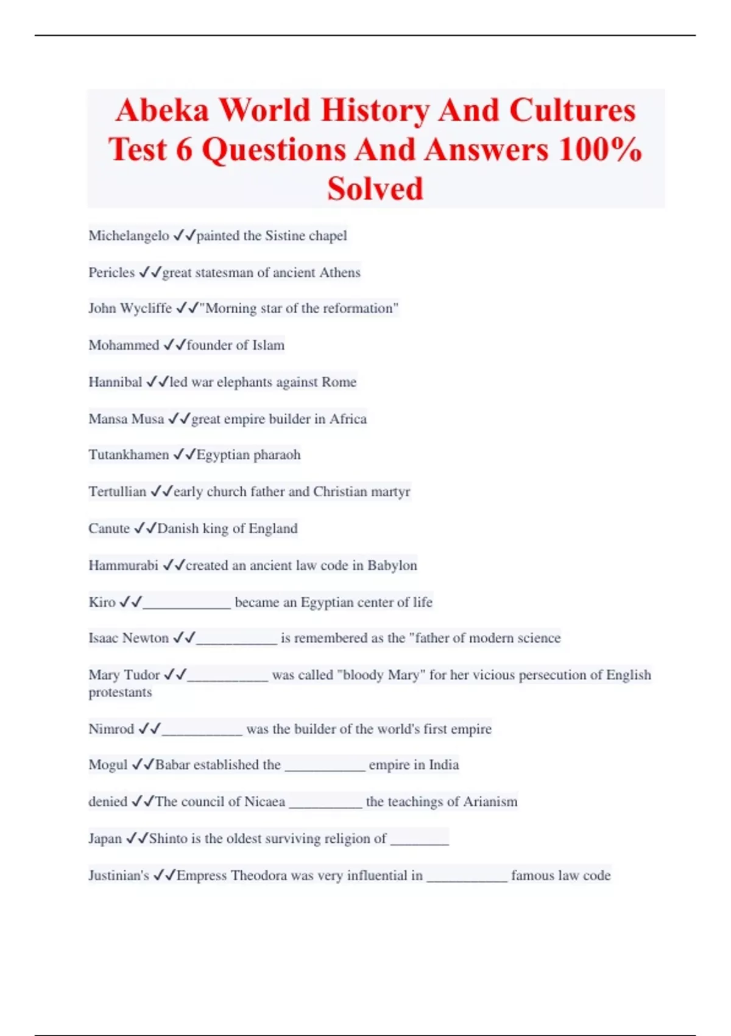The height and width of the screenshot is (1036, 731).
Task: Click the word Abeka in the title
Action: tap(162, 111)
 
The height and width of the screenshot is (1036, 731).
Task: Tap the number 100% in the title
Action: tap(600, 150)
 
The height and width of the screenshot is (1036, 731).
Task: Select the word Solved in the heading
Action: tap(375, 189)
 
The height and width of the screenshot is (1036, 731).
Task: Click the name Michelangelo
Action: tap(129, 236)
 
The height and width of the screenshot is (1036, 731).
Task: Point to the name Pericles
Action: tap(111, 272)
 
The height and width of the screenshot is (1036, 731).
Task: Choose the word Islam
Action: tap(269, 346)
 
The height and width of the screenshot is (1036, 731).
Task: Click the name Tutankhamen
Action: tap(129, 455)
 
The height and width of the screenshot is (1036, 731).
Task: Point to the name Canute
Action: tap(109, 528)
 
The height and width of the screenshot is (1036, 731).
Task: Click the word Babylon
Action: tap(392, 566)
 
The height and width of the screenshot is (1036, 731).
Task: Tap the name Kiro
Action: tap(102, 602)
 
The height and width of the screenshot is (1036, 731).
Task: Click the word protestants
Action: tap(120, 693)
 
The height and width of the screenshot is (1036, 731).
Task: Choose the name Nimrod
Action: tap(111, 729)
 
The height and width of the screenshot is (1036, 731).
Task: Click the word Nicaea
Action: tap(264, 802)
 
